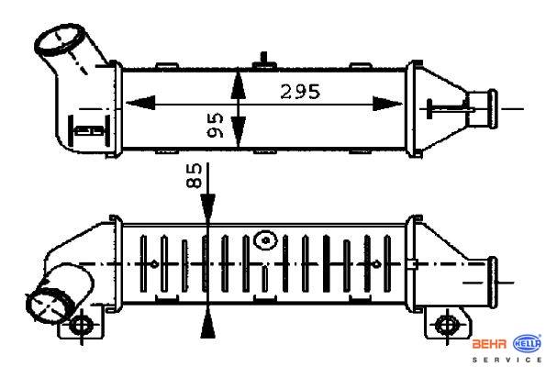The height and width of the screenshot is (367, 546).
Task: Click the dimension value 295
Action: point(300,92)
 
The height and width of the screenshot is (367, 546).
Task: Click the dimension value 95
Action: point(216,125)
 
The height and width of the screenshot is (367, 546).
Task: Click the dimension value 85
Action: point(194,175)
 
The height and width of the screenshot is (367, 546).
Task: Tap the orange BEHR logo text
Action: point(489,345)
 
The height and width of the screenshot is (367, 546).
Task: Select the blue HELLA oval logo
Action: point(528,344)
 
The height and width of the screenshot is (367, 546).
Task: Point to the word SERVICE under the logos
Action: point(507,360)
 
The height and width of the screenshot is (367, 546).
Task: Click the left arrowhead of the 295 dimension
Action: point(140,104)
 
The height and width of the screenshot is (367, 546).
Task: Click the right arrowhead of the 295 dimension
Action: point(387,104)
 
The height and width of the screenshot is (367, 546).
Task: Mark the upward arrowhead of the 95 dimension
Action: point(239,84)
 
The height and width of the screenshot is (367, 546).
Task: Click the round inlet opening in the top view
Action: point(60,40)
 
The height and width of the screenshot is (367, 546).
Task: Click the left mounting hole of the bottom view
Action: point(82,325)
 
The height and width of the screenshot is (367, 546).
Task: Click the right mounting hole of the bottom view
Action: point(446,325)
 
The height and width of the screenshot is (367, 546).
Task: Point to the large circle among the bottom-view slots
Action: point(266,239)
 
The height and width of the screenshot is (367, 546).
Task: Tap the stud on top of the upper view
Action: point(264,60)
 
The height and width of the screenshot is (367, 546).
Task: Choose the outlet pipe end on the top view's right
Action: point(493,108)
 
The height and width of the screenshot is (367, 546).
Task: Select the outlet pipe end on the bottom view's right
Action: point(493,282)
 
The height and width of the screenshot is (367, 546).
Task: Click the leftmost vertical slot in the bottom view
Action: point(143,263)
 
